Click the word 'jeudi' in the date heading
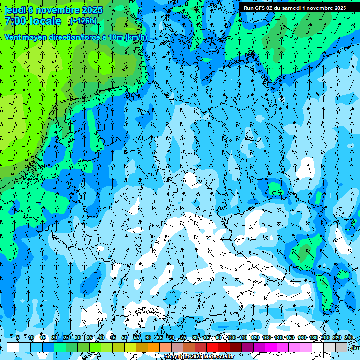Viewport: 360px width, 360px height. click(15, 10)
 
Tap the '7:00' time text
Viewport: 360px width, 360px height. click(16, 21)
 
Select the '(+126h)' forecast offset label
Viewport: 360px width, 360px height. click(83, 21)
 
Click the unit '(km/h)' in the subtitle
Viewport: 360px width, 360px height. click(136, 37)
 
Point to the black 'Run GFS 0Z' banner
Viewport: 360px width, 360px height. click(295, 8)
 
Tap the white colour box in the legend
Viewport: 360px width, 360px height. click(13, 347)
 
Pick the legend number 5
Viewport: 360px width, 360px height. click(18, 337)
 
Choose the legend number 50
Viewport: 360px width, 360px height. click(125, 337)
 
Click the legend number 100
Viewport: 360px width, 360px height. click(231, 337)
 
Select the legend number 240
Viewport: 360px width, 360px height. click(349, 337)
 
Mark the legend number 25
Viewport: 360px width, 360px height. click(66, 337)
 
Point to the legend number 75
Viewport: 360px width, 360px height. click(183, 337)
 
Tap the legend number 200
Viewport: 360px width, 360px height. click(325, 337)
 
